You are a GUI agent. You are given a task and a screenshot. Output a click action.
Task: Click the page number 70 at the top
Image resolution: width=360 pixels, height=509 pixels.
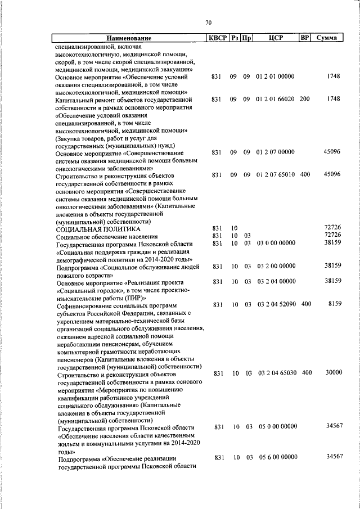tap(208, 22)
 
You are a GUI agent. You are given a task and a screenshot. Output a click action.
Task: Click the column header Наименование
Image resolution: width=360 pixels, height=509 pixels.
tap(129, 38)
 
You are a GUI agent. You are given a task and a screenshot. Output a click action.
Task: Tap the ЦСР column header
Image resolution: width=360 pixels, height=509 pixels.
tap(275, 38)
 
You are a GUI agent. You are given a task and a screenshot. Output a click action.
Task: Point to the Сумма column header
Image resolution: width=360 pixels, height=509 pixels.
tap(327, 38)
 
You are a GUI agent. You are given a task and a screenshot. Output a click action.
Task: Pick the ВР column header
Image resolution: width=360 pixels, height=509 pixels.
tap(305, 38)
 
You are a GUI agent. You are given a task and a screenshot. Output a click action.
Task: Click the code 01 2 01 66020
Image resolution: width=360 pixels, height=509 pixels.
tap(275, 99)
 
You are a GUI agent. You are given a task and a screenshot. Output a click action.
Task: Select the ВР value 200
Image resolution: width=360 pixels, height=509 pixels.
tap(305, 99)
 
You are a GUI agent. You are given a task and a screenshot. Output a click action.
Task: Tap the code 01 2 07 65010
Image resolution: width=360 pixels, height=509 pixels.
tap(275, 175)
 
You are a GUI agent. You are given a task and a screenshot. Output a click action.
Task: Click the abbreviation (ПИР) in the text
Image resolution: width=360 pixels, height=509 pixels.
tap(135, 296)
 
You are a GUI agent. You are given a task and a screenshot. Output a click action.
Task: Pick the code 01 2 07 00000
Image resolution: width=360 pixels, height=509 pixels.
tap(275, 152)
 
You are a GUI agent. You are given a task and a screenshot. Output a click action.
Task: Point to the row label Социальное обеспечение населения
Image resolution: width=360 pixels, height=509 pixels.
tap(107, 236)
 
